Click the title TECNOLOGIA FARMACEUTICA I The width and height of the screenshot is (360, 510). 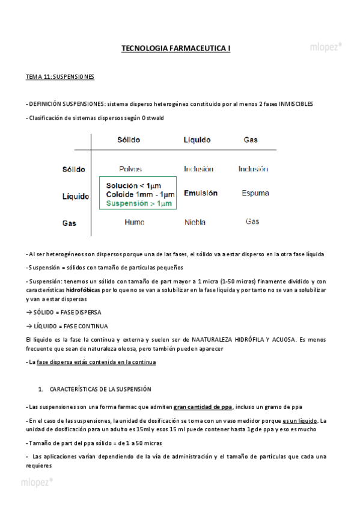point(175,48)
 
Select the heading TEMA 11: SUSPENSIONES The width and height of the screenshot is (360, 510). point(59,77)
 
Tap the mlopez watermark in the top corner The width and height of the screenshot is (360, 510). point(326,46)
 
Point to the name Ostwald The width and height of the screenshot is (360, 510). point(147,118)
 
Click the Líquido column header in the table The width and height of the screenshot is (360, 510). point(197,140)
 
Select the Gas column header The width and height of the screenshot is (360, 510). point(251,140)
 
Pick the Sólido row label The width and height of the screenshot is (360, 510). point(74,170)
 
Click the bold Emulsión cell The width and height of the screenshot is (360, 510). point(201,193)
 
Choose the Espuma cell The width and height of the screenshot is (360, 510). point(255,193)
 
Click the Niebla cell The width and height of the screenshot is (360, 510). point(198,222)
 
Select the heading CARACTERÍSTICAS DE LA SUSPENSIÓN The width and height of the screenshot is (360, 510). point(100,389)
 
